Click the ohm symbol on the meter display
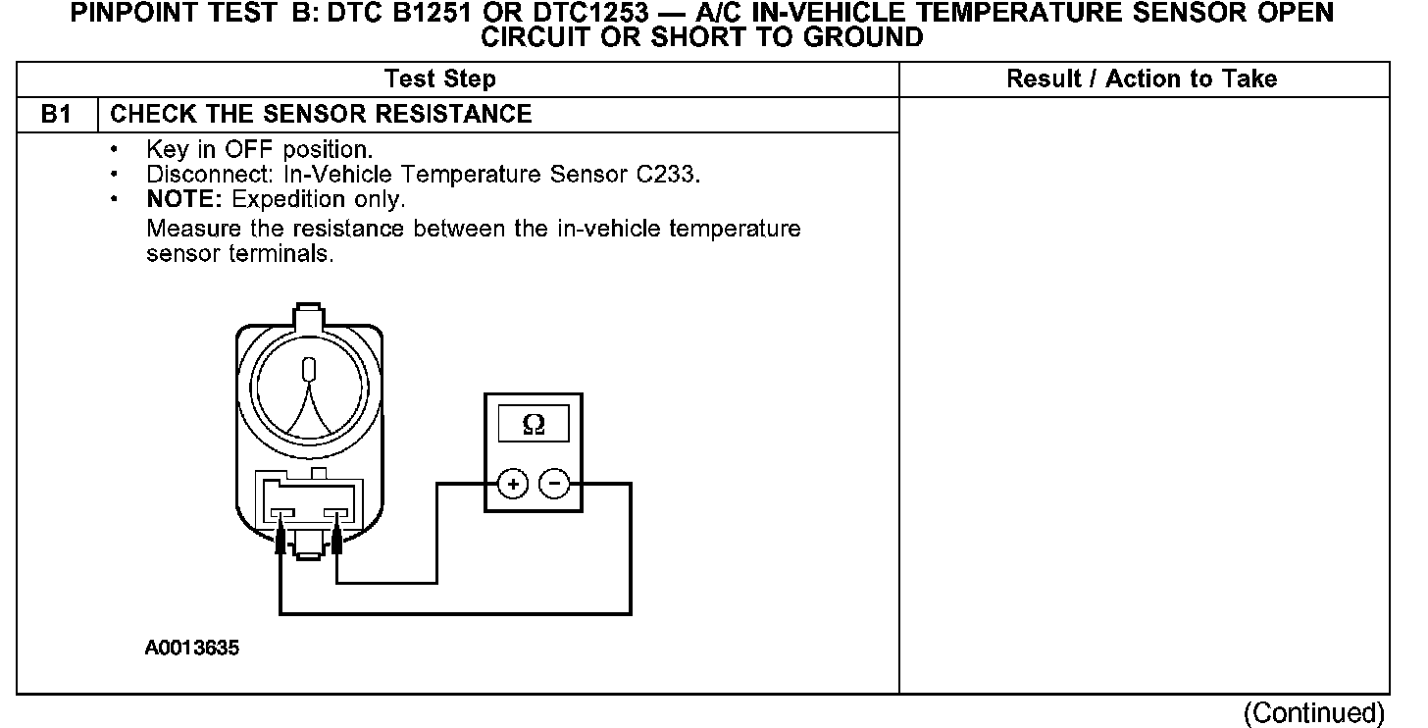(534, 424)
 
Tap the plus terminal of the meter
(514, 484)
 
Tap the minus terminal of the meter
(555, 484)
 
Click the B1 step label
(57, 115)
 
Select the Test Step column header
(440, 79)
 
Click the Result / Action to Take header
(1142, 79)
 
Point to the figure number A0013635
(192, 649)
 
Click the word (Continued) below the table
(1314, 713)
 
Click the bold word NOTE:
(178, 199)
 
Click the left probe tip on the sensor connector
(281, 539)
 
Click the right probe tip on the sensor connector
(337, 539)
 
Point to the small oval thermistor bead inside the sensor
(310, 371)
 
